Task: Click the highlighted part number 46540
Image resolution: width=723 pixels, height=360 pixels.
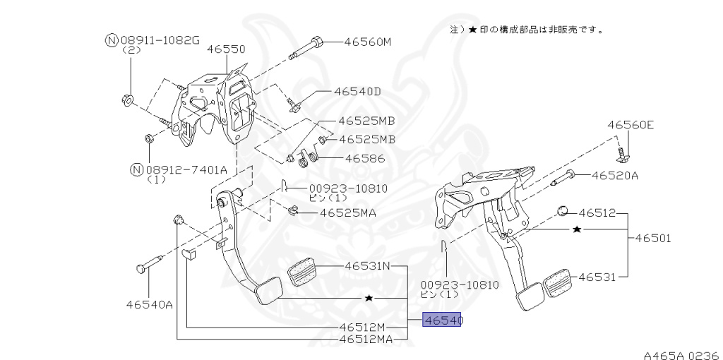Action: coord(443,320)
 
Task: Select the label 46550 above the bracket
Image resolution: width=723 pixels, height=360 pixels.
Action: coord(226,49)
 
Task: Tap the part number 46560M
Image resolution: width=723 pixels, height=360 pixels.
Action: coord(367,42)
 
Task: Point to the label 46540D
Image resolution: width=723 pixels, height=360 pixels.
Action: coord(357,92)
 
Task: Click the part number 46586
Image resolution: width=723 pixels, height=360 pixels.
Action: coord(365,159)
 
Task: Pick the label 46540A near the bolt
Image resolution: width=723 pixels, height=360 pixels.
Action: coord(150,305)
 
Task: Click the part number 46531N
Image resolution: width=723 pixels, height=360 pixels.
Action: coord(367,266)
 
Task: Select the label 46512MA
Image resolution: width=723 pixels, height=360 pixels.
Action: coord(366,340)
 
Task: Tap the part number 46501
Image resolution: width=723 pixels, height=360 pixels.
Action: coord(653,239)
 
